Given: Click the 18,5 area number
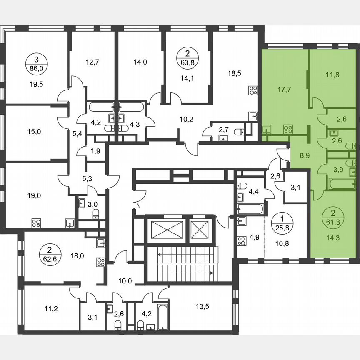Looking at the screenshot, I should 235,73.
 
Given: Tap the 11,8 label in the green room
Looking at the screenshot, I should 332,75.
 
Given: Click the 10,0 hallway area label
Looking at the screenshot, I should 125,281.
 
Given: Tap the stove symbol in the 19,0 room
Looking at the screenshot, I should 36,222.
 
